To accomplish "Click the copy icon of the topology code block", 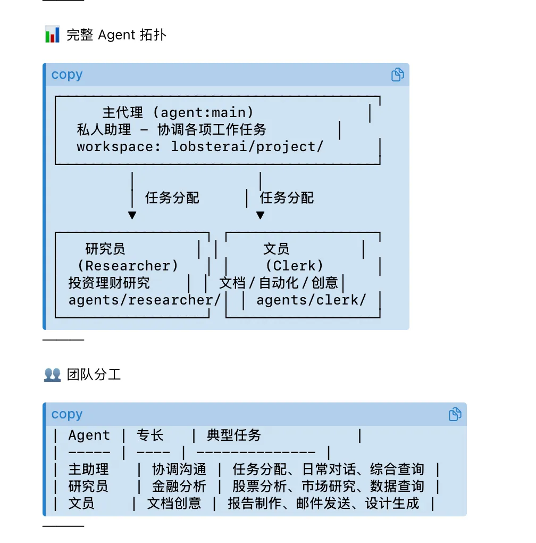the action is (x=397, y=75).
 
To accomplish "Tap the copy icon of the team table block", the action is (x=455, y=414).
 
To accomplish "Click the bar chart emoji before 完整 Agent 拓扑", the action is (x=52, y=36).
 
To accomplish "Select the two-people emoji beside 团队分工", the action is (x=52, y=375).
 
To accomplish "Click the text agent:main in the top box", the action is (x=207, y=113).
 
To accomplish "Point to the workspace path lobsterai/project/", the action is (x=247, y=147).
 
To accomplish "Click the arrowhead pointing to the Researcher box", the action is (x=132, y=216).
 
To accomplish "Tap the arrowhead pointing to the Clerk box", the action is (x=260, y=216).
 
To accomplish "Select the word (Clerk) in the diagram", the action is (x=294, y=266).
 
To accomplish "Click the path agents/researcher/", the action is (x=145, y=300).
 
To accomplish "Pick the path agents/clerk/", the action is (x=311, y=300).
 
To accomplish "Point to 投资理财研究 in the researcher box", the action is (x=109, y=283).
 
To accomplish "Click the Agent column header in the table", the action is (x=89, y=435).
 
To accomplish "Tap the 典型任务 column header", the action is (x=234, y=435).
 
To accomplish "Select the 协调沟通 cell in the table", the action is (x=179, y=470).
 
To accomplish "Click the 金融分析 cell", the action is (x=179, y=487).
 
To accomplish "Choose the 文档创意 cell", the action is (x=174, y=504).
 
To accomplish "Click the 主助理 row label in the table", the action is (x=89, y=470).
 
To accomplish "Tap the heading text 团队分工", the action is (x=94, y=375).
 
